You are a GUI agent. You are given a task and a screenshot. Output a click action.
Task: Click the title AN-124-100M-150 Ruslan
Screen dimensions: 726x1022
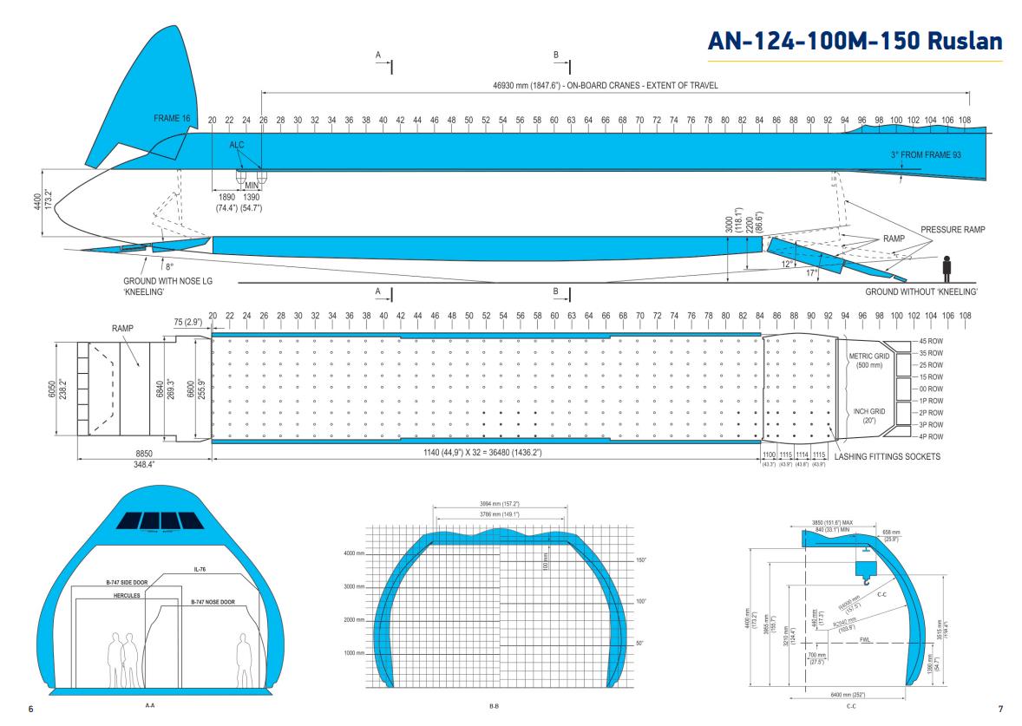[x=855, y=42]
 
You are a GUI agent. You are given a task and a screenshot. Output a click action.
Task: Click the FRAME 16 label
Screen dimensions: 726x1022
[x=172, y=117]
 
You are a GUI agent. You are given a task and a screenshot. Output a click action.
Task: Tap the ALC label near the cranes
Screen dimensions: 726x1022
[x=237, y=146]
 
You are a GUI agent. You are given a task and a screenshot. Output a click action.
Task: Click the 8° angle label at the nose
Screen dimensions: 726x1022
[x=169, y=267]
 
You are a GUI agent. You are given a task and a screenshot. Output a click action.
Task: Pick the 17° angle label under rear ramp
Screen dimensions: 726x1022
[x=812, y=273]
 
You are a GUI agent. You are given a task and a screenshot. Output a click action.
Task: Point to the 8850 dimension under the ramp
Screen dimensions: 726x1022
[x=144, y=452]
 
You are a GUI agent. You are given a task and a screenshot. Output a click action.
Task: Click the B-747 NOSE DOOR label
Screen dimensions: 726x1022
[x=213, y=600]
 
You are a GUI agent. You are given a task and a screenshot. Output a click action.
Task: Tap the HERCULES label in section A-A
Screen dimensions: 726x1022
[x=127, y=596]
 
